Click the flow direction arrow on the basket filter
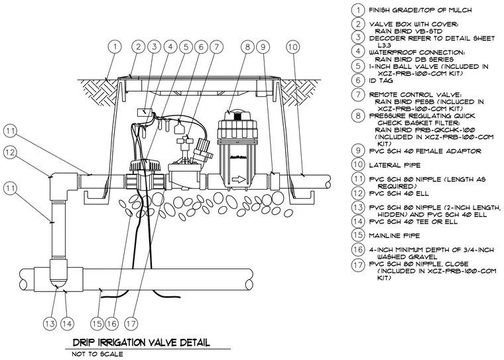(239, 180)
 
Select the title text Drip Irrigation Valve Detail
(141, 342)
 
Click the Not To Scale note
(97, 354)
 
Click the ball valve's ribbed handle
(145, 165)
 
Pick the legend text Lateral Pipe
(395, 165)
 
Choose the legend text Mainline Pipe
(395, 235)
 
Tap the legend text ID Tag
(381, 81)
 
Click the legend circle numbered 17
(358, 266)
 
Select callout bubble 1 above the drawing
(115, 47)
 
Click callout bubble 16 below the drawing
(111, 324)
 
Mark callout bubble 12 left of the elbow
(11, 152)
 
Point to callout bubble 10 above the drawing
(293, 47)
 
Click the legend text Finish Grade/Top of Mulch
(420, 11)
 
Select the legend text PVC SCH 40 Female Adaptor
(425, 151)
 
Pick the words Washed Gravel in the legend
(407, 257)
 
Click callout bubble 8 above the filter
(247, 47)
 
